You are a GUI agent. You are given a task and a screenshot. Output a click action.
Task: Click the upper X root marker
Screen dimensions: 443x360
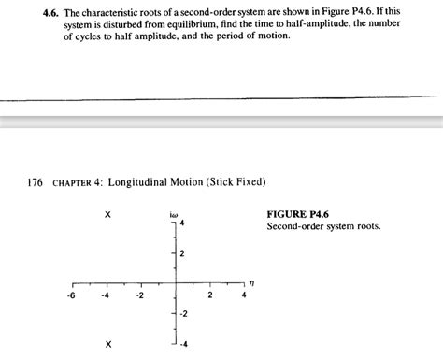click(x=108, y=215)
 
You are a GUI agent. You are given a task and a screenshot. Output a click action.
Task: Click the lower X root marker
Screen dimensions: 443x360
click(x=108, y=344)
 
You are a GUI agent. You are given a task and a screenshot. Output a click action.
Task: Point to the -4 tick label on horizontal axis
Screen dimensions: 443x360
click(x=106, y=296)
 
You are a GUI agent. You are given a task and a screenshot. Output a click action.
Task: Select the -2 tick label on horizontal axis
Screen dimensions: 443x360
click(x=139, y=296)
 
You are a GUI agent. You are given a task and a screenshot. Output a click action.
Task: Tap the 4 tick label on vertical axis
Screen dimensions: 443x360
click(x=182, y=223)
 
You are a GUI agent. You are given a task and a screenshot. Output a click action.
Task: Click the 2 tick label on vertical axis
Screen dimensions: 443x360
click(x=182, y=254)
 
